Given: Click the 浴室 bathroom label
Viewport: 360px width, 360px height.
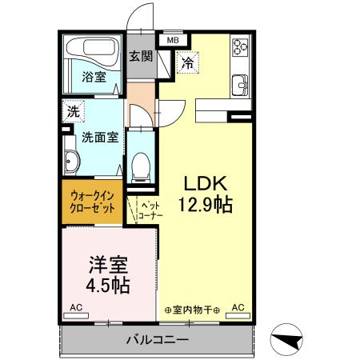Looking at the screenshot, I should pos(94,77).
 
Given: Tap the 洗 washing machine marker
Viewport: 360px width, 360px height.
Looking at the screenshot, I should pos(73,112).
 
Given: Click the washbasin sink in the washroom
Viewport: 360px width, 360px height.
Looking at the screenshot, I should pos(71,162).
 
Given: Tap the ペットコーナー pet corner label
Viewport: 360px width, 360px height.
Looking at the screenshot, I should pos(150,210).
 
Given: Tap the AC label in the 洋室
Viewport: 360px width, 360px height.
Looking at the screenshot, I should pos(75,307).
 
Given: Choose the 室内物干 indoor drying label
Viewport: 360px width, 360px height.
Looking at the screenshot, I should pos(193,308).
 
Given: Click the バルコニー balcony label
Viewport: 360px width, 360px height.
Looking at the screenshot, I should pos(157,340).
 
